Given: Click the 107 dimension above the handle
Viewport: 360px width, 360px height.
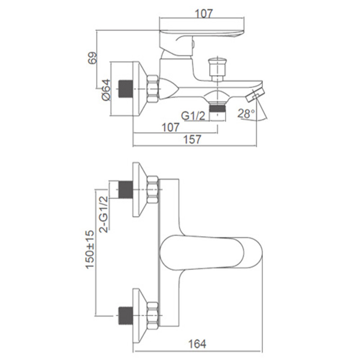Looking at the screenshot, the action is coord(204,13).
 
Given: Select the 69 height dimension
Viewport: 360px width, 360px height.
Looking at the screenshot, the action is coord(93,58).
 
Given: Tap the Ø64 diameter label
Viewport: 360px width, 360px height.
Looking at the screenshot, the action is coord(106,90).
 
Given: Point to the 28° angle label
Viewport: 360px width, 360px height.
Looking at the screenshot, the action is coord(246,113).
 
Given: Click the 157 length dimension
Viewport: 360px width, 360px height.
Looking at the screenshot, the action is coord(193,139).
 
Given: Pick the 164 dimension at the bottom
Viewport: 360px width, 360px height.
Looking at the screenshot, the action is coord(197,344).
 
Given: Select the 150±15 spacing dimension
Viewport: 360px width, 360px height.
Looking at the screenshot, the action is coord(90,249).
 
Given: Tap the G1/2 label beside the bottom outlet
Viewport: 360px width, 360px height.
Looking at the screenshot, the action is coord(193,116).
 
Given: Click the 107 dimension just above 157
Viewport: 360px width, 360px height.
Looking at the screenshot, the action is coord(171,127).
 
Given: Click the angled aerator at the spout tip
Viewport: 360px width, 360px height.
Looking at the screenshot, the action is coord(255,95).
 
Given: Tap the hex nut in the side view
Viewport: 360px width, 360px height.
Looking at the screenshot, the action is coord(153,89).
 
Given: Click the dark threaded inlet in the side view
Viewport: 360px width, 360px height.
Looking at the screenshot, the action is coord(126,89).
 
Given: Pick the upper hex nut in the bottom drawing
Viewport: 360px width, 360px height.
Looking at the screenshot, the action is coord(153,189).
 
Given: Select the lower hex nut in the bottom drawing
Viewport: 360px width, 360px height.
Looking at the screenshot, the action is coord(153,316).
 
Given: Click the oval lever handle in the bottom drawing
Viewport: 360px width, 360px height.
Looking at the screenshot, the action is coord(211,252).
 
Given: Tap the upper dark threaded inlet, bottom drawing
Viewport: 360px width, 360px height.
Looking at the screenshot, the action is coord(126,189).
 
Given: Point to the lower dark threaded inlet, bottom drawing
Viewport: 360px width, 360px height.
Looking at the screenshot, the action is coord(126,316).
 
